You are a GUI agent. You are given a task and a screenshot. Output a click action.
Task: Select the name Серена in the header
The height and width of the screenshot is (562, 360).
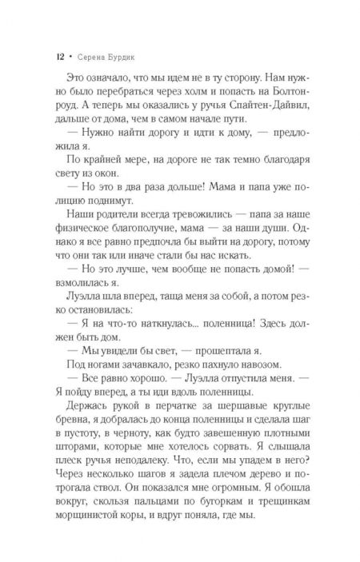[88, 58]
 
